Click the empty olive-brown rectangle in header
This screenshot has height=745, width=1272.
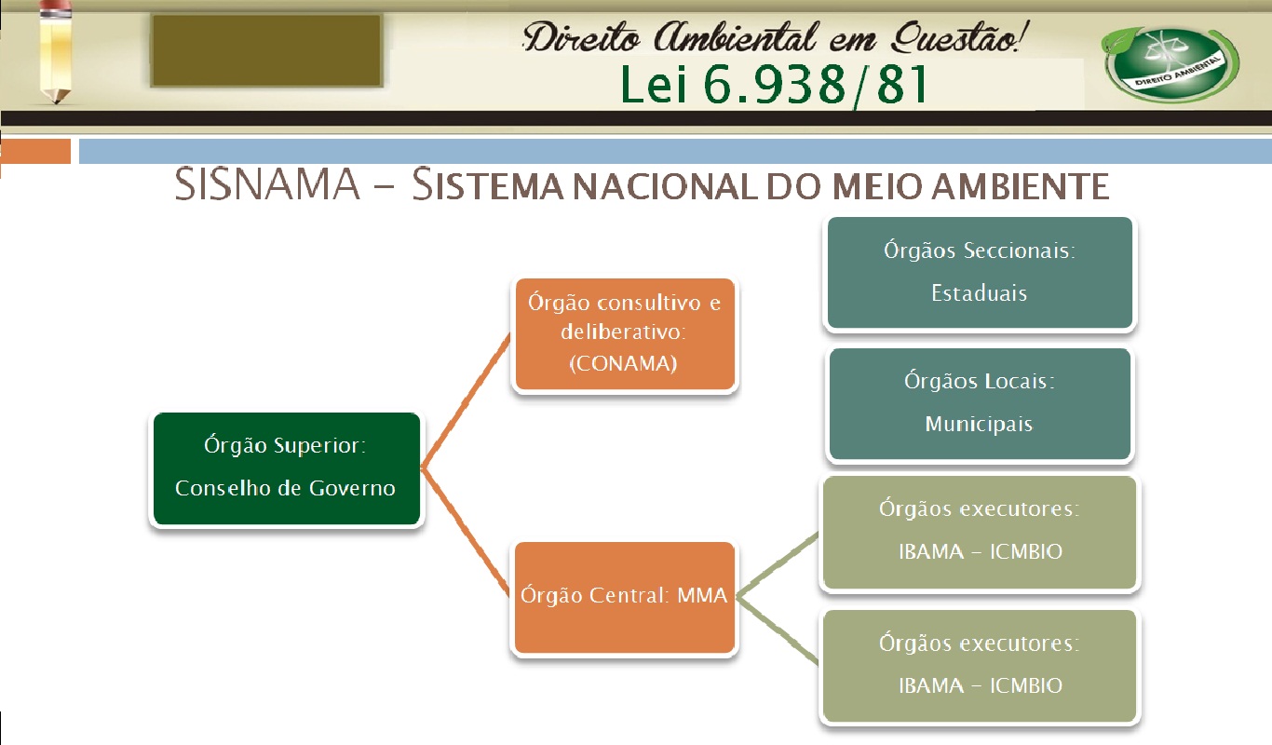point(266,51)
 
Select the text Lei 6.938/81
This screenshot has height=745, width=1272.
point(774,86)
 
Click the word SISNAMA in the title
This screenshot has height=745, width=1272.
point(266,185)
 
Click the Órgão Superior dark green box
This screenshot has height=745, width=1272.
point(286,468)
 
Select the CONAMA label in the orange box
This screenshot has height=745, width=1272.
point(624,364)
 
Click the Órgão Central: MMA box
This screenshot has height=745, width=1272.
point(624,596)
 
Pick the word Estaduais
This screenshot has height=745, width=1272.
point(979,292)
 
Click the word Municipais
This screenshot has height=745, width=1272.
point(979,424)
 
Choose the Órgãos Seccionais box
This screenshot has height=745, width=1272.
point(979,272)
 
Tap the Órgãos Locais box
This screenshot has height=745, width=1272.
point(979,403)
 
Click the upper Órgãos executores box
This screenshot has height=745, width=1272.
point(979,531)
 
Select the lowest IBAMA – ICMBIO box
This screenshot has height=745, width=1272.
point(979,665)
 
